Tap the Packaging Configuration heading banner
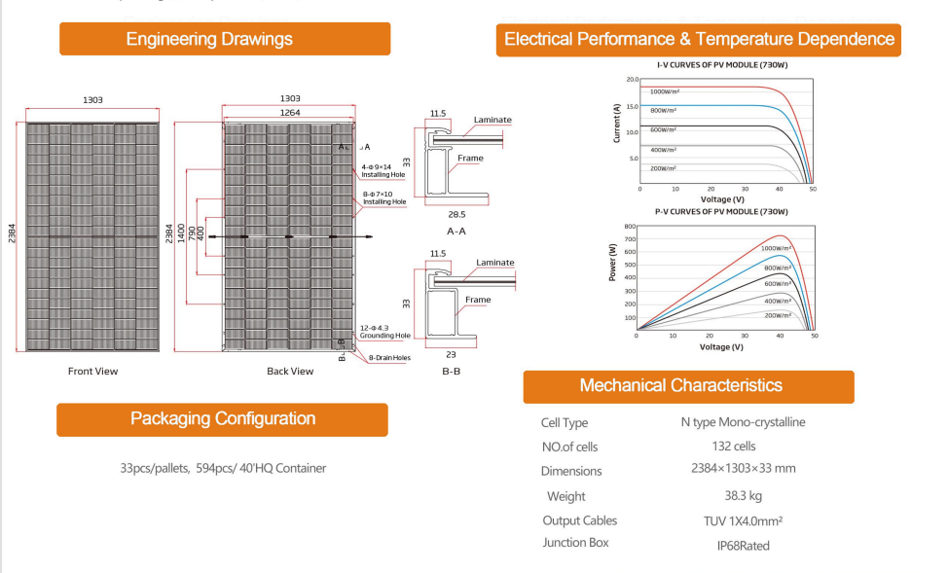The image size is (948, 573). click(223, 419)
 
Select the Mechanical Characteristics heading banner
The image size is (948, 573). click(689, 387)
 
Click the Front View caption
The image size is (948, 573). click(93, 371)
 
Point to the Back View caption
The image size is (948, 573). click(290, 371)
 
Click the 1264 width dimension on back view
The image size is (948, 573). click(290, 113)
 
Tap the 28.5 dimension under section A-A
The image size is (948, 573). click(457, 214)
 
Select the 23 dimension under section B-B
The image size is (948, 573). click(451, 355)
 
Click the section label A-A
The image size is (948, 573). click(456, 231)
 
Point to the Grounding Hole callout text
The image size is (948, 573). click(385, 336)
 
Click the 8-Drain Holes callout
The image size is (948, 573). click(389, 358)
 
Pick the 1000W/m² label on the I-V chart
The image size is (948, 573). click(665, 91)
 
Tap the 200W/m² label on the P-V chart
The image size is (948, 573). click(778, 315)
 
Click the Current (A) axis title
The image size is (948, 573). click(617, 124)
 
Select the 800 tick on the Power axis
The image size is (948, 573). click(630, 227)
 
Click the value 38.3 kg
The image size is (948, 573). click(743, 496)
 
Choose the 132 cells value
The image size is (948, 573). click(734, 447)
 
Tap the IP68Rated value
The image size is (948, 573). click(743, 546)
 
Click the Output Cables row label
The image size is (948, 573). click(580, 520)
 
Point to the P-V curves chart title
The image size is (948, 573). click(721, 212)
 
